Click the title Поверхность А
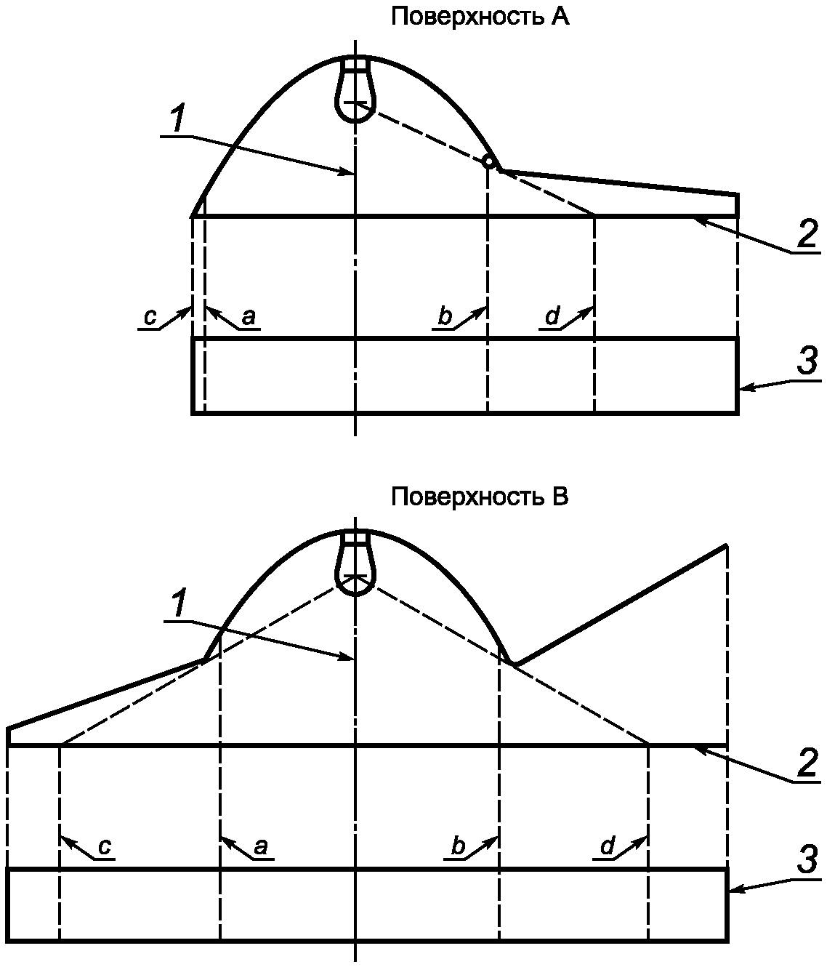click(x=480, y=17)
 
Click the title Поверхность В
click(x=480, y=497)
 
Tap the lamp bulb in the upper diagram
click(x=355, y=91)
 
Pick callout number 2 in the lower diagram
click(x=807, y=763)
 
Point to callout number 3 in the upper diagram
click(x=807, y=361)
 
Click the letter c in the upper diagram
click(x=150, y=317)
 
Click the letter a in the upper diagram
click(x=248, y=317)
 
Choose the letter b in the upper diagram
click(x=445, y=317)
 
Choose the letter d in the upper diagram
click(x=552, y=317)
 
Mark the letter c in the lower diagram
click(x=105, y=846)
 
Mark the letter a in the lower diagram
click(x=261, y=846)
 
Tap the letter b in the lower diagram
click(x=458, y=846)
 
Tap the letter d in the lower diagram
click(x=608, y=846)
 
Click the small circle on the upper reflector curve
click(x=490, y=161)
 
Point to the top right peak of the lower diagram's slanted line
click(x=726, y=545)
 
